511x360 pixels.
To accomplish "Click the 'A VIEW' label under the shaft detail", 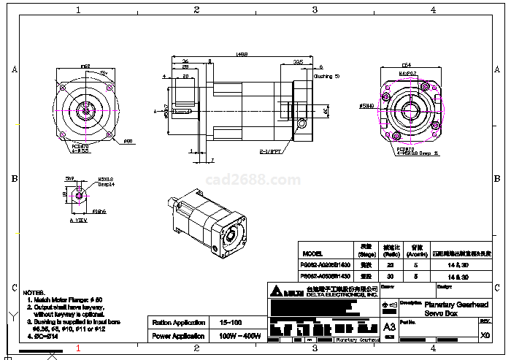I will (x=77, y=220).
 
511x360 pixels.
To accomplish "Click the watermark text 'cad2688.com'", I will (x=253, y=180).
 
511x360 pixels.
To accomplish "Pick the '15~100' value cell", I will (x=231, y=322).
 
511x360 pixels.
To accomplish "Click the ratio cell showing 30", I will (x=390, y=277).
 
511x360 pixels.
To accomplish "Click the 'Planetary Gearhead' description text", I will (x=446, y=304).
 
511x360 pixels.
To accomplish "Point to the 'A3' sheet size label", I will (x=388, y=326).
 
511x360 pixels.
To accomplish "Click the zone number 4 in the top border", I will (x=433, y=9).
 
